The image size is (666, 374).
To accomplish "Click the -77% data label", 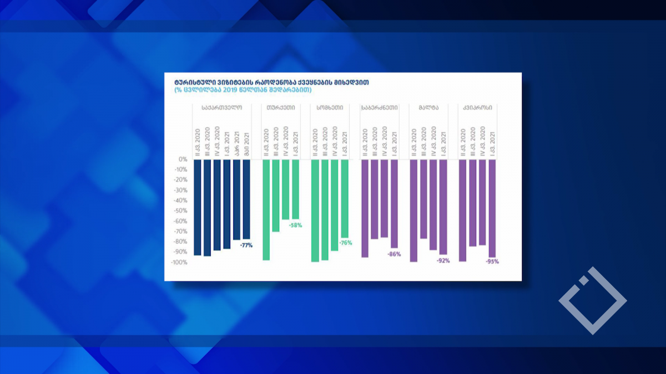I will coord(246,245).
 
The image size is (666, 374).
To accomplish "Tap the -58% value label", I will coord(295,226).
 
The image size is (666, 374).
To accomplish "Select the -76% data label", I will coord(346,243).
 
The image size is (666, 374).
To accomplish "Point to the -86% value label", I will coord(394,254).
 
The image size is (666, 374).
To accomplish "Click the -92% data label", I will coord(443,260).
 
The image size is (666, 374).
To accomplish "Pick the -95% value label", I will coord(492,262).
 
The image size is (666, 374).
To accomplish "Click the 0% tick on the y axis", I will coord(183,160).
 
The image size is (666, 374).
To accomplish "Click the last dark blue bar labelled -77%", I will coord(246,199).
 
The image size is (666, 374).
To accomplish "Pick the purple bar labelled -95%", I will coord(492,208).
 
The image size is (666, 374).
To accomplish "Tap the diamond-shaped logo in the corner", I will coord(592,301).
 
